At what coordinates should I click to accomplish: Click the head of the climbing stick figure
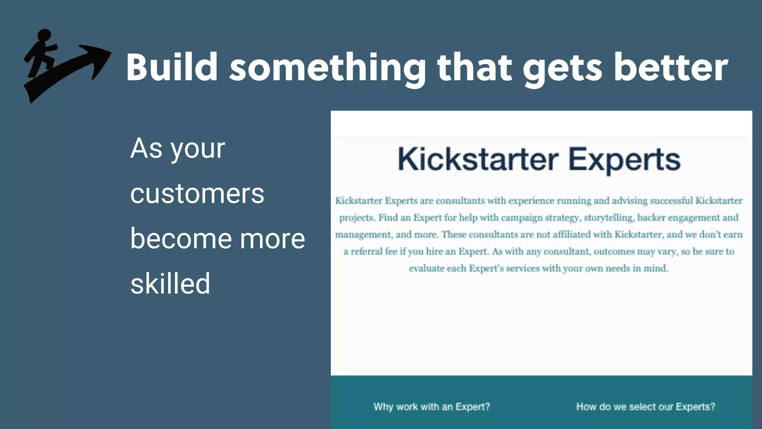pyautogui.click(x=44, y=35)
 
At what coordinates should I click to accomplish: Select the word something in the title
pyautogui.click(x=327, y=68)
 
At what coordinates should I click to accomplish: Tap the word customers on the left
pyautogui.click(x=197, y=194)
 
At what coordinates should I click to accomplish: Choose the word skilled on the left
pyautogui.click(x=170, y=283)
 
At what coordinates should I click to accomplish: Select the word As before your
pyautogui.click(x=146, y=148)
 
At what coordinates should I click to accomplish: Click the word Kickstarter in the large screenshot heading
pyautogui.click(x=478, y=159)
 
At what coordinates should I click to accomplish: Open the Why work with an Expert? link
pyautogui.click(x=432, y=407)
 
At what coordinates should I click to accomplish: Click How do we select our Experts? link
pyautogui.click(x=646, y=407)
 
